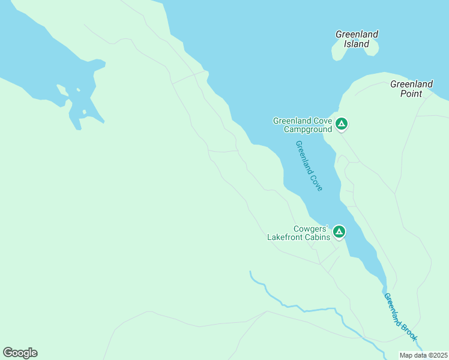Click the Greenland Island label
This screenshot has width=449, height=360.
(x=357, y=39)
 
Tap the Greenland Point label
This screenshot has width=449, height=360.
(x=411, y=89)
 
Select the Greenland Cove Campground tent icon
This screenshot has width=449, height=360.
(x=341, y=124)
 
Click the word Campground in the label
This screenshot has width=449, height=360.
(x=308, y=129)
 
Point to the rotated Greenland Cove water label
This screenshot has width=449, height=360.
(x=309, y=166)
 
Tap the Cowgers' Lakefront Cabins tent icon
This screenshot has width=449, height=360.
(x=339, y=232)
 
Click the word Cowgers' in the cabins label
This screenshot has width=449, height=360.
(x=310, y=229)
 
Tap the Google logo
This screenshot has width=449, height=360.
(x=20, y=353)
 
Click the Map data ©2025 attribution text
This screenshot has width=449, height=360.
(x=423, y=355)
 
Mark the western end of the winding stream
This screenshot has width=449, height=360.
(x=250, y=272)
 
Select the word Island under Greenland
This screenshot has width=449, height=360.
(x=357, y=44)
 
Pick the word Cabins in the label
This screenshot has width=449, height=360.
(x=317, y=238)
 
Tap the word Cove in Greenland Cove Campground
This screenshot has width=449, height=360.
(x=322, y=121)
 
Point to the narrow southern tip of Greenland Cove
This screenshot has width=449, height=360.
(x=384, y=282)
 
